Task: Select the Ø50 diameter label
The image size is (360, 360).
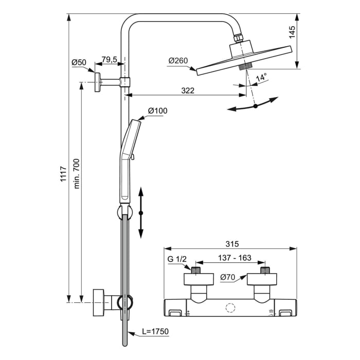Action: [x=79, y=63]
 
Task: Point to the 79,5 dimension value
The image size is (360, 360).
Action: [x=109, y=60]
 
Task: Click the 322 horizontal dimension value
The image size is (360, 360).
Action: [x=188, y=91]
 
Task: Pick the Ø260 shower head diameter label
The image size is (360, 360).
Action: [x=178, y=61]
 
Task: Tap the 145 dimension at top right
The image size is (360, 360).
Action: [x=292, y=34]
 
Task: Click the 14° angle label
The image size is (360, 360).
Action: [x=261, y=78]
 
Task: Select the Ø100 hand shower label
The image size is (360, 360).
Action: [x=157, y=111]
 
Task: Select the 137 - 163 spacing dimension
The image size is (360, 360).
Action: [x=230, y=258]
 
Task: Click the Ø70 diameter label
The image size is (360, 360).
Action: [x=228, y=277]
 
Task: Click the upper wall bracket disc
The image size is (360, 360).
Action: [x=97, y=82]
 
